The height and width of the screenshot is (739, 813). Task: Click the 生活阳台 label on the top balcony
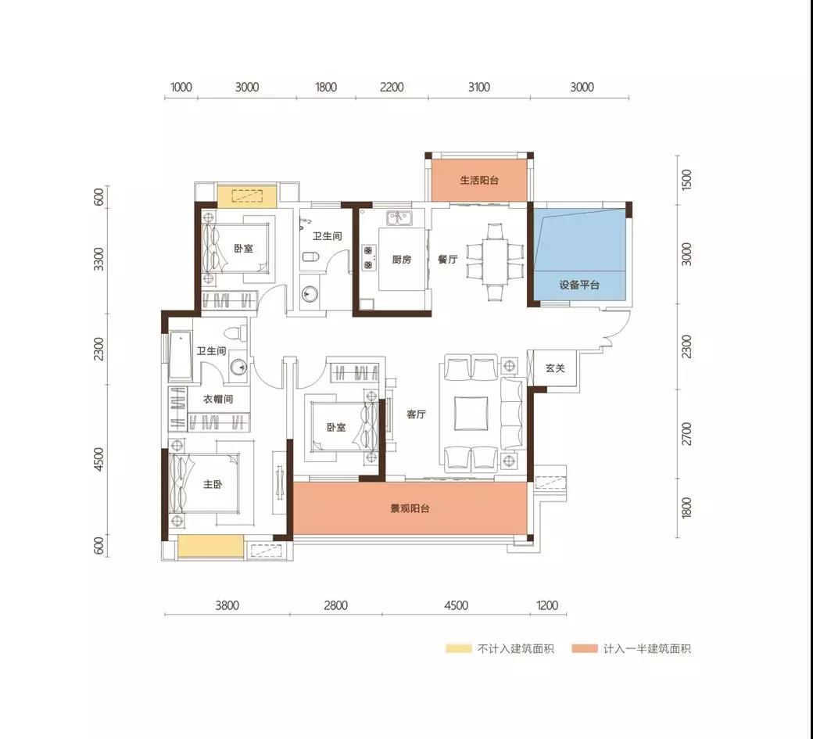click(x=479, y=181)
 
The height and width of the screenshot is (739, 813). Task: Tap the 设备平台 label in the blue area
click(x=579, y=285)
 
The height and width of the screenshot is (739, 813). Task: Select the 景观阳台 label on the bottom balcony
click(x=410, y=509)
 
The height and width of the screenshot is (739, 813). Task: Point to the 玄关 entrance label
click(x=555, y=368)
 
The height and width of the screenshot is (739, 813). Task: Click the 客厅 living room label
click(x=417, y=414)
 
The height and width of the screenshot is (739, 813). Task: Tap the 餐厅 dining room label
click(x=447, y=260)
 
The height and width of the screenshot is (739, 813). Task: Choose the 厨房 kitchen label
click(x=402, y=260)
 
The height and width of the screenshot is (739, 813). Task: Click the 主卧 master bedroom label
click(x=213, y=484)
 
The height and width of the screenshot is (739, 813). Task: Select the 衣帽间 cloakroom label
click(x=218, y=399)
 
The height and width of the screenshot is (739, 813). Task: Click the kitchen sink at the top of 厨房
click(x=398, y=218)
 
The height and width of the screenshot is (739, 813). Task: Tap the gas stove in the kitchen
click(x=369, y=258)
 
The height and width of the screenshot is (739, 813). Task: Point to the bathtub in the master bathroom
click(x=181, y=356)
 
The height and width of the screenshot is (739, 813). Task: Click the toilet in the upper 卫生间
click(x=311, y=256)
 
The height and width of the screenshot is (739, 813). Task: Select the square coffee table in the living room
click(x=471, y=414)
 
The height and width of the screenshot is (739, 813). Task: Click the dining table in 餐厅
click(x=495, y=262)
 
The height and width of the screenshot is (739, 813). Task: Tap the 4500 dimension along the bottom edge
click(x=457, y=605)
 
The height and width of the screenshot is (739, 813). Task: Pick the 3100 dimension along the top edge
click(x=479, y=87)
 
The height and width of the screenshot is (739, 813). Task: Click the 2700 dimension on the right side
click(x=686, y=433)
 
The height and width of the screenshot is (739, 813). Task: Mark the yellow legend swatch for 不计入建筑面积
click(x=459, y=648)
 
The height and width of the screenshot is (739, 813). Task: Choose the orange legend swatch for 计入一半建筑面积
click(x=585, y=648)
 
